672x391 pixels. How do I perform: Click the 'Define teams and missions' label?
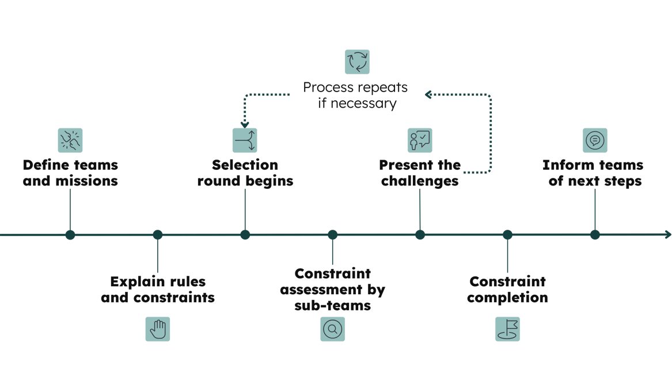point(70,173)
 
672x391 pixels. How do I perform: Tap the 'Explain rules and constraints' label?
point(158,290)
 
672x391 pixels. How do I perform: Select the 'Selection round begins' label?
point(245,173)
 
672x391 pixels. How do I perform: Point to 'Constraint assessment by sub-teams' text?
point(332,289)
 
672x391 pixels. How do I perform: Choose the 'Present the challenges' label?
point(420,173)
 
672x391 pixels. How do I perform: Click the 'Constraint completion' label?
point(507,290)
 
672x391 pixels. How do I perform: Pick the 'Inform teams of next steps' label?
point(593,173)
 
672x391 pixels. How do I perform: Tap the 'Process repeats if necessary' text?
point(355,96)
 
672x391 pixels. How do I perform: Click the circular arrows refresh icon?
point(357,62)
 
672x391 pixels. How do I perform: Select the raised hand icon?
point(158,329)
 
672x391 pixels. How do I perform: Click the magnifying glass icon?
point(333,329)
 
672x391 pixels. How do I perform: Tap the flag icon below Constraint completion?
point(507,329)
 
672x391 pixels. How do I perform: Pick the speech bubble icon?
point(594,140)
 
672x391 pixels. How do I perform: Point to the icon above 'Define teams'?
point(70,140)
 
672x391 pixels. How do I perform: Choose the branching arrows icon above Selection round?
point(245,140)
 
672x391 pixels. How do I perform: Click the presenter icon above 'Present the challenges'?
point(419,140)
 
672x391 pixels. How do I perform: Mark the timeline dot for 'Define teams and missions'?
point(70,234)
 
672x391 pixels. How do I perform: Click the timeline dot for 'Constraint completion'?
point(507,234)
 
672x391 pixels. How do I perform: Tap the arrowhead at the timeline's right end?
point(668,234)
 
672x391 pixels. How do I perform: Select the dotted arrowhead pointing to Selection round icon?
point(245,123)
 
